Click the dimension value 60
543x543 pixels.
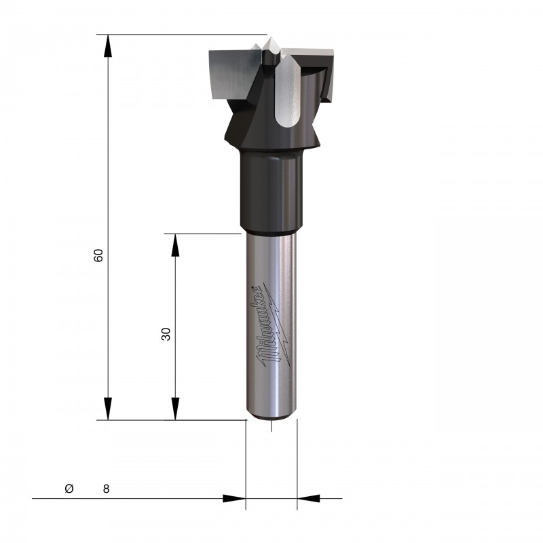coord(98,255)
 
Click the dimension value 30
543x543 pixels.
coord(166,334)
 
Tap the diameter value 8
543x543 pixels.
coord(106,489)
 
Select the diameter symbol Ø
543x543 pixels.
coord(69,488)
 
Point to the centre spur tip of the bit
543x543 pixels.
coord(268,38)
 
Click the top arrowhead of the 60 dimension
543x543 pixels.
coord(108,45)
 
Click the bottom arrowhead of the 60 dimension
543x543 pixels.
coord(108,409)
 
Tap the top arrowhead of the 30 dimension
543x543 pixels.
coord(175,245)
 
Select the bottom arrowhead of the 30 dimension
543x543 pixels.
coord(175,409)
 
